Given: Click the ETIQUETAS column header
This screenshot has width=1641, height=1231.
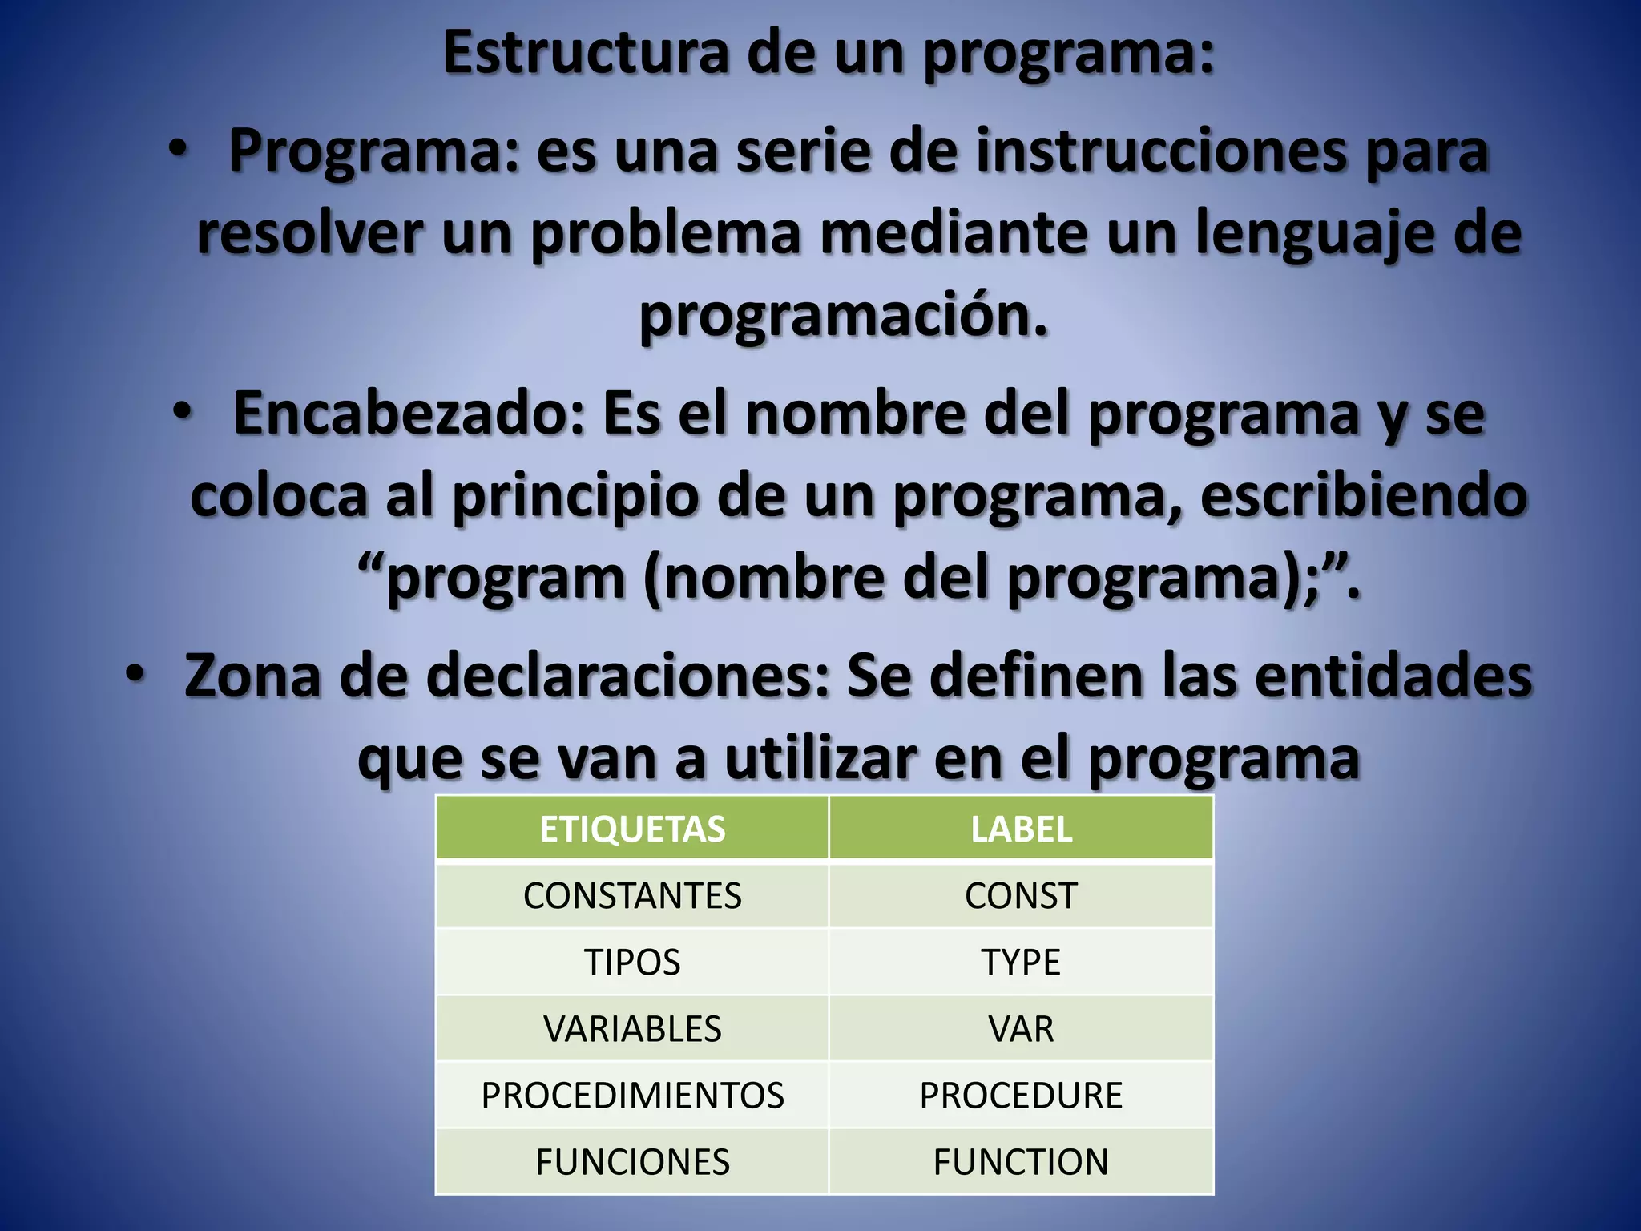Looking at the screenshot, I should tap(632, 829).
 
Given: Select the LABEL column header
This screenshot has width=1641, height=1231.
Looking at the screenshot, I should tap(1021, 829).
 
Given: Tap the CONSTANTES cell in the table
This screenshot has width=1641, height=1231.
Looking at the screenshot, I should tap(632, 896).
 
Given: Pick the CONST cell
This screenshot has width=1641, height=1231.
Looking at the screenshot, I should tap(1021, 896).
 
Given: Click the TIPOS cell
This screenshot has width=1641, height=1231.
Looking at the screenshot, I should tap(632, 963).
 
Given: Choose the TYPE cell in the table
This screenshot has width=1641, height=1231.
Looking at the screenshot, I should tap(1021, 963).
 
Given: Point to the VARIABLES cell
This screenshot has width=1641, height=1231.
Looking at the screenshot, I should tap(632, 1029).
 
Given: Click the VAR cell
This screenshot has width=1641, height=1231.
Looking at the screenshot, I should tap(1021, 1029).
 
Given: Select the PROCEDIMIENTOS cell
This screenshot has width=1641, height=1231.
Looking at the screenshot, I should tap(632, 1096).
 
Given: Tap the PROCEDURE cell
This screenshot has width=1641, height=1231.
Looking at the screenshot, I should tap(1021, 1096).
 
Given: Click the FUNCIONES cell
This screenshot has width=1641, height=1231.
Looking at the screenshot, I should tap(632, 1162).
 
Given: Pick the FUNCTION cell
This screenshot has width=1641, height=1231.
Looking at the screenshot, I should tap(1021, 1162).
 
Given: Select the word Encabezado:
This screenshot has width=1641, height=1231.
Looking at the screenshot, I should tap(410, 414).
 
